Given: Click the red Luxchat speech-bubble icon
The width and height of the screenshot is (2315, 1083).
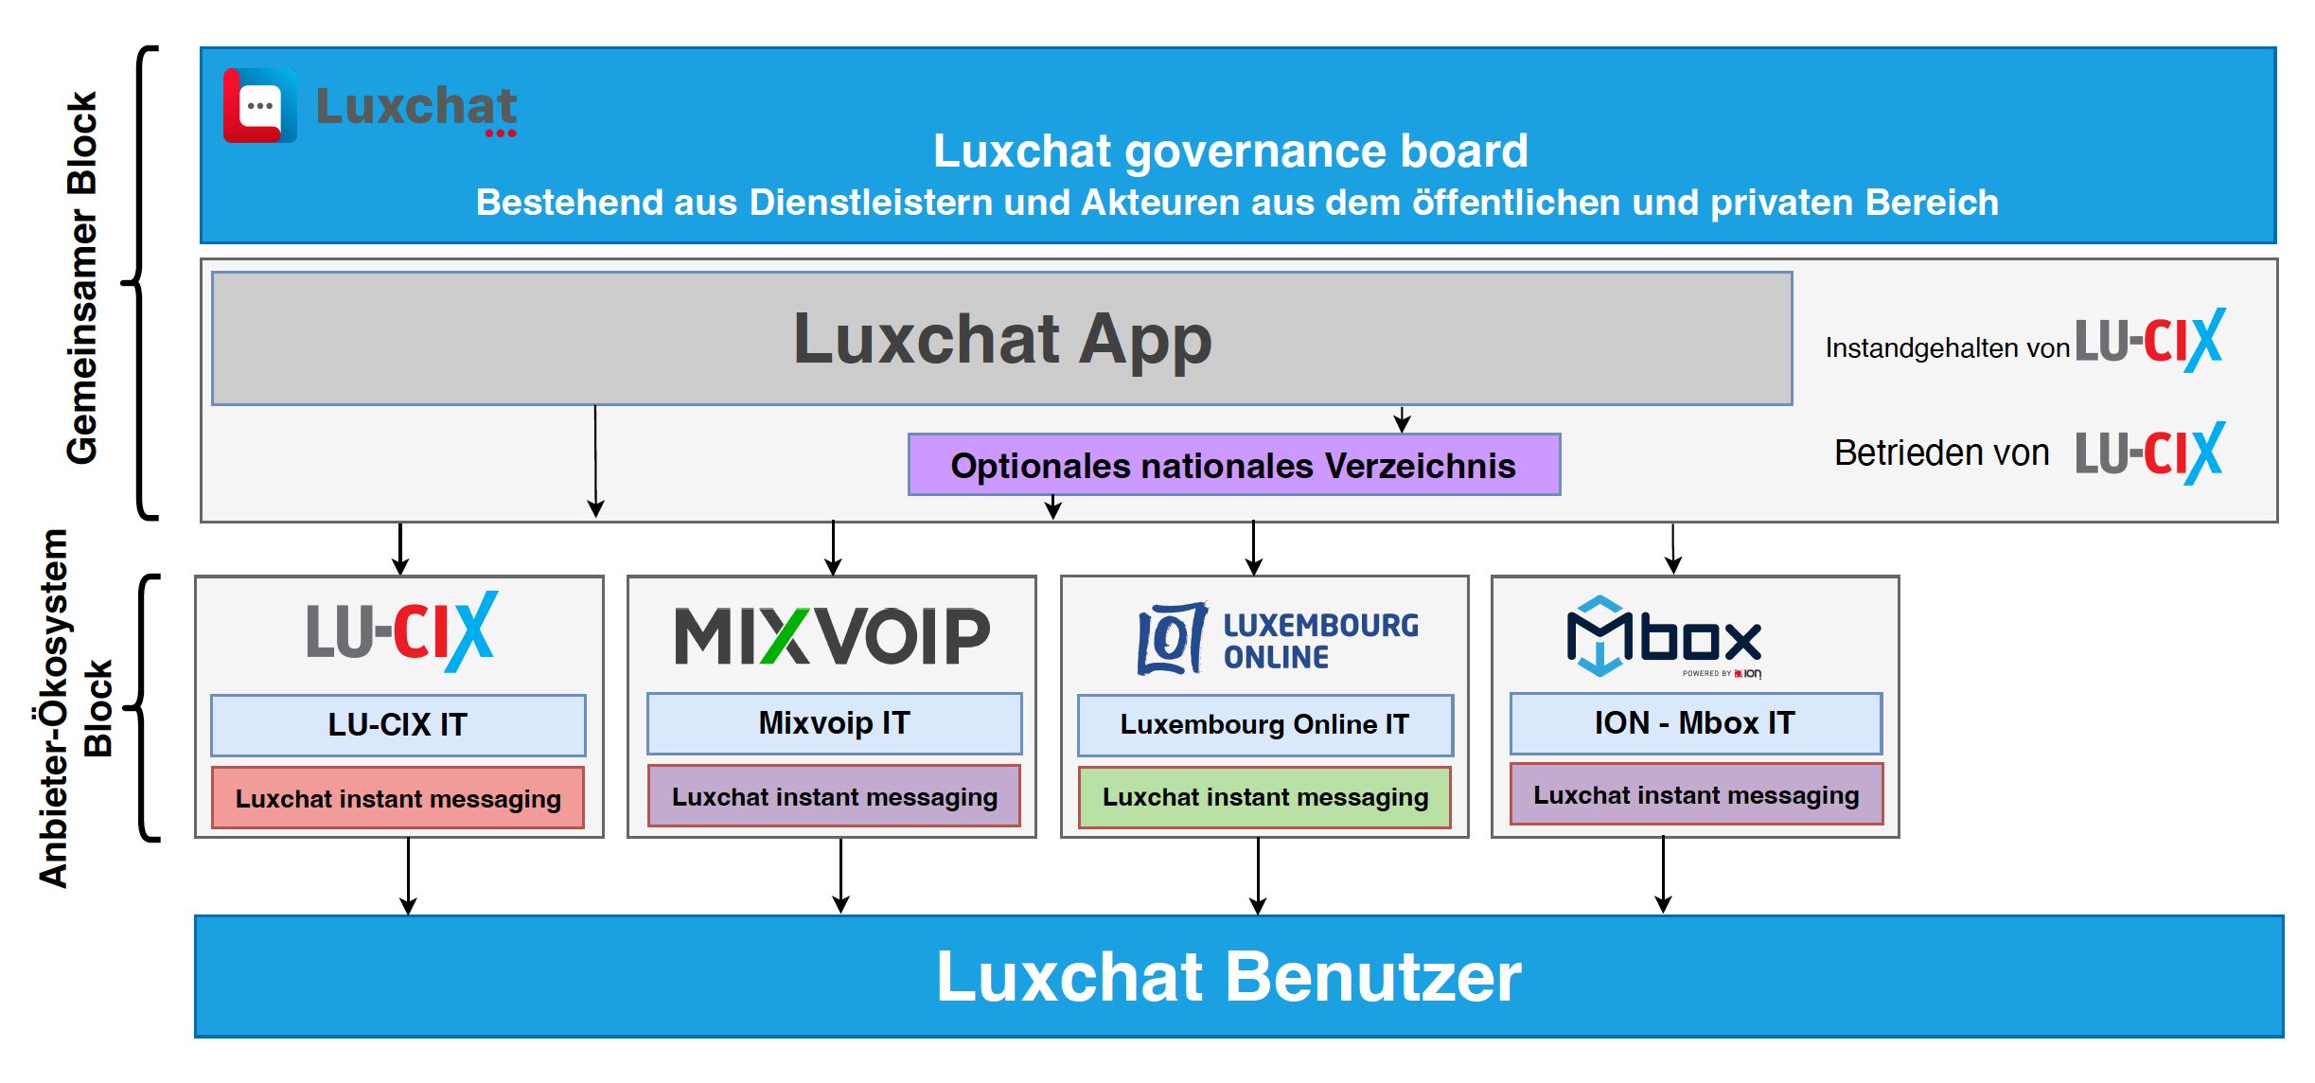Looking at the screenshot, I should [x=259, y=105].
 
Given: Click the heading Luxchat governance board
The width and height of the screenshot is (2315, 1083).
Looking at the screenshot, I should [x=1230, y=151].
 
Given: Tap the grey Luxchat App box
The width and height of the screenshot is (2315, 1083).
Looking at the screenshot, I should [x=1001, y=339].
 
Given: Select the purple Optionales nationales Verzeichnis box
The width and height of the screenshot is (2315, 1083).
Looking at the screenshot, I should [x=1233, y=465].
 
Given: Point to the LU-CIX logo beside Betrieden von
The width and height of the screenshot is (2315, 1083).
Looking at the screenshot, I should [x=2149, y=453].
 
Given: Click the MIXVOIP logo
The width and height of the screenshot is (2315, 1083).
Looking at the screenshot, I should [x=832, y=635].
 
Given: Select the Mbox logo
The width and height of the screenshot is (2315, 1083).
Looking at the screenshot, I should [x=1665, y=637].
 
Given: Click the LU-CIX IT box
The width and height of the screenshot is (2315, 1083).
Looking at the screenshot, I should [x=398, y=725].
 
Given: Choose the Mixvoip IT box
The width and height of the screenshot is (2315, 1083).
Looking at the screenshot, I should [x=834, y=723].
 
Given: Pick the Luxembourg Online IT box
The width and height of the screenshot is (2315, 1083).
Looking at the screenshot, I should [x=1264, y=725].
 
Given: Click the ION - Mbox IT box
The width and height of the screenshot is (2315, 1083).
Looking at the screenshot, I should [x=1694, y=723].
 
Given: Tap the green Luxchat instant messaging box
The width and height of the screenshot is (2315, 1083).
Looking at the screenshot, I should [x=1264, y=797].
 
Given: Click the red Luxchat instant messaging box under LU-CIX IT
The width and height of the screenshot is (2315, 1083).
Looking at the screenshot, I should [x=398, y=799].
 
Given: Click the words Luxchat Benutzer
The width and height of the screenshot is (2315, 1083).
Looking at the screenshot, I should [x=1228, y=976].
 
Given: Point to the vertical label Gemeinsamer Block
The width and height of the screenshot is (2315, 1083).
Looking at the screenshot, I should [x=82, y=278].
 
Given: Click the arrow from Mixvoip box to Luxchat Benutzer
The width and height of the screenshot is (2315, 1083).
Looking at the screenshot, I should [x=840, y=876].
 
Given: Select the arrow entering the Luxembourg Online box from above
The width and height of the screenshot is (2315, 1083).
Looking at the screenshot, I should [x=1254, y=548].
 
